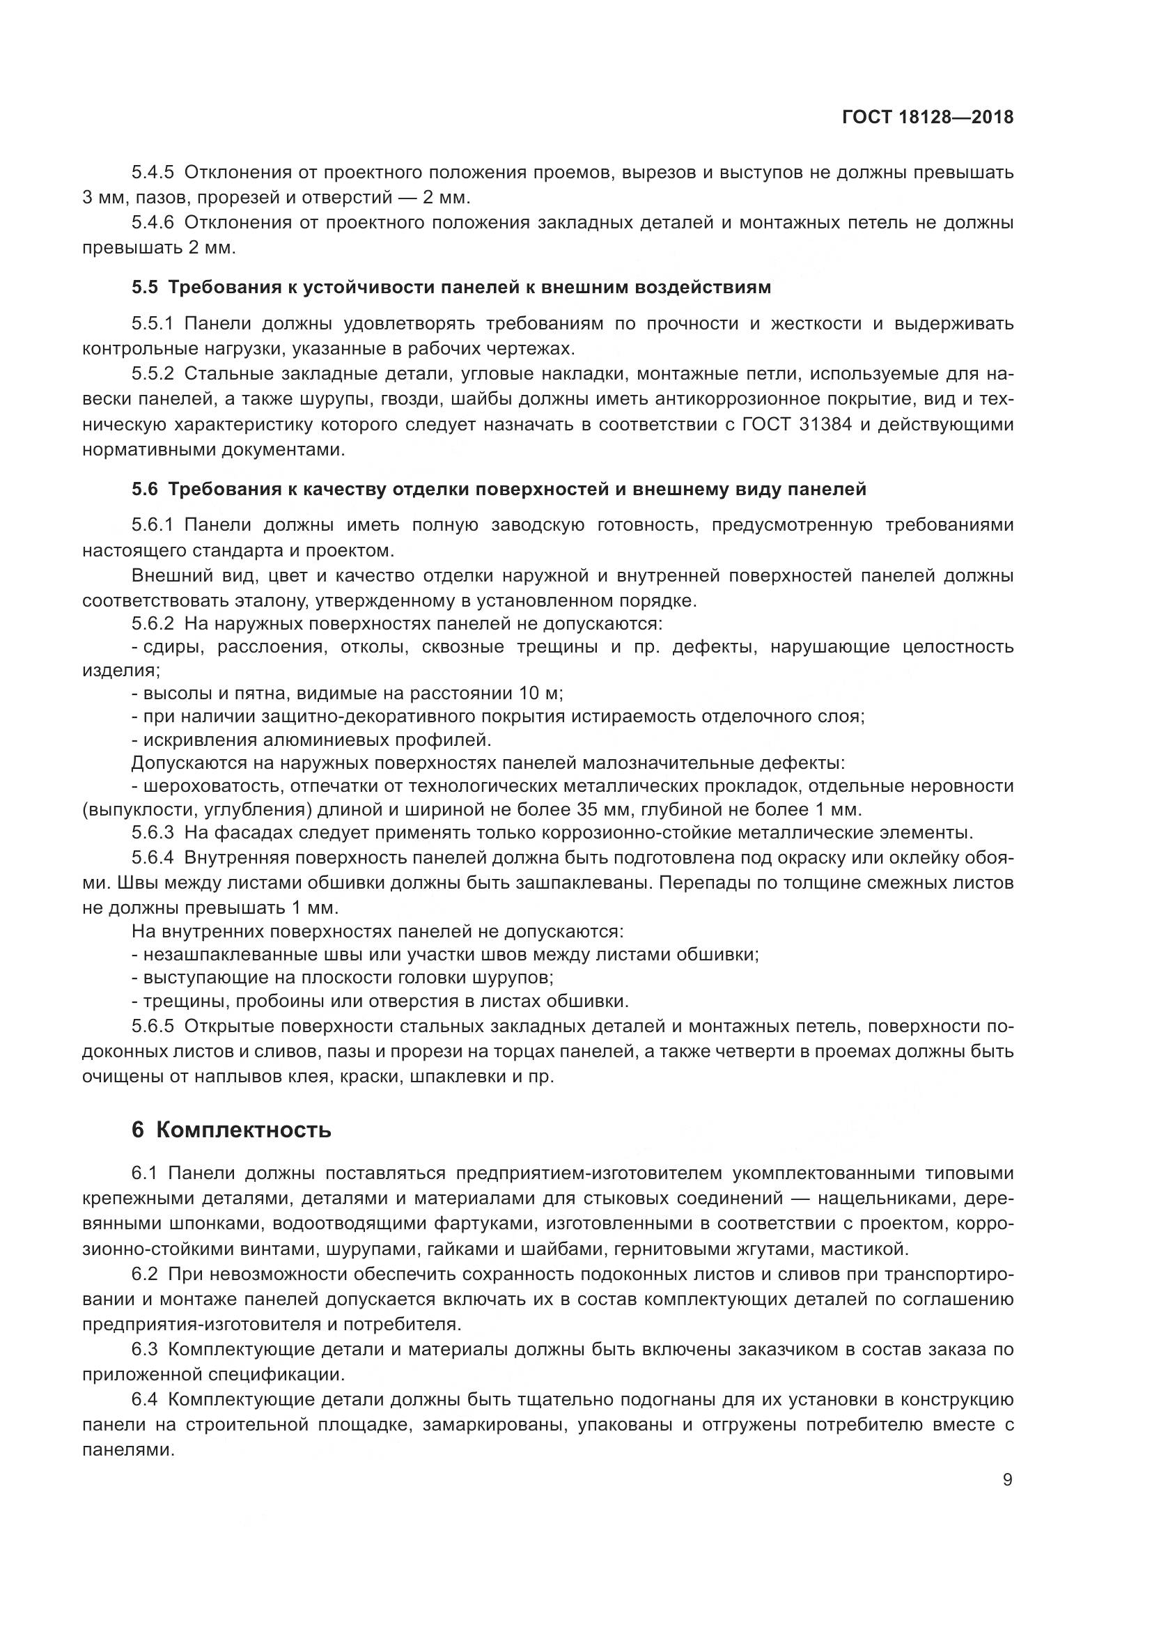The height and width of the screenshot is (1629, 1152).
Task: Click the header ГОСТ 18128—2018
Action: [x=927, y=117]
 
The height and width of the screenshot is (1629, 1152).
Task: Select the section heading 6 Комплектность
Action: [x=231, y=1130]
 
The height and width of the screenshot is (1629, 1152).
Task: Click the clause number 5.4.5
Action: [x=153, y=173]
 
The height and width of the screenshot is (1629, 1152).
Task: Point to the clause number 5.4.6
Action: [x=153, y=223]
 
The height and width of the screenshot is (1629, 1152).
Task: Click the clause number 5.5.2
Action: [x=153, y=374]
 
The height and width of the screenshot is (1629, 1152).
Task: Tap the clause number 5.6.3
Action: [x=153, y=832]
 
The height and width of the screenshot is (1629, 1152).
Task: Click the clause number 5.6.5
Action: [x=153, y=1027]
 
